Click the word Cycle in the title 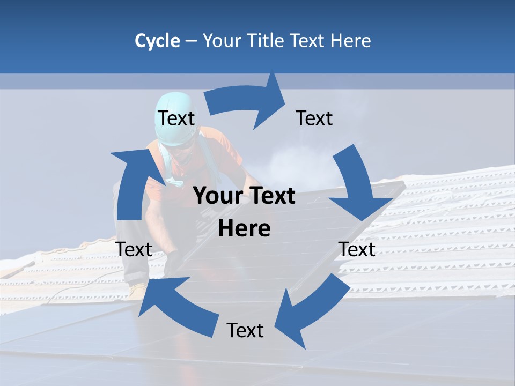pyautogui.click(x=157, y=41)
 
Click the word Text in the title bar pyautogui.click(x=308, y=41)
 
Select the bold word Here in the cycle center pyautogui.click(x=244, y=229)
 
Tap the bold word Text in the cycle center pyautogui.click(x=270, y=196)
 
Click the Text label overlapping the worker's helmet pyautogui.click(x=176, y=118)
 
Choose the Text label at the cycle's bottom pyautogui.click(x=245, y=331)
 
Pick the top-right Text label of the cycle pyautogui.click(x=314, y=118)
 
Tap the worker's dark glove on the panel pyautogui.click(x=173, y=263)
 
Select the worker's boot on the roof pyautogui.click(x=137, y=290)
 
